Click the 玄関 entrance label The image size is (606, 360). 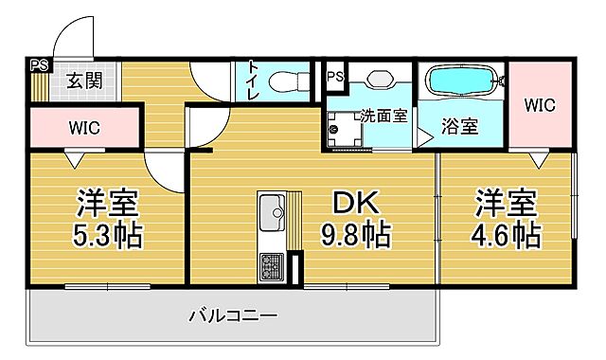coord(84,81)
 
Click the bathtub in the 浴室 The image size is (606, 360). coord(464,82)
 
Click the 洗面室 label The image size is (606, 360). coord(383,117)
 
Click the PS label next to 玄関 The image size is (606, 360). coord(38,66)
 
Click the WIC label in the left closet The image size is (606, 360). coord(84,126)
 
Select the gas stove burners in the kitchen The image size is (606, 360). coord(272,266)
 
